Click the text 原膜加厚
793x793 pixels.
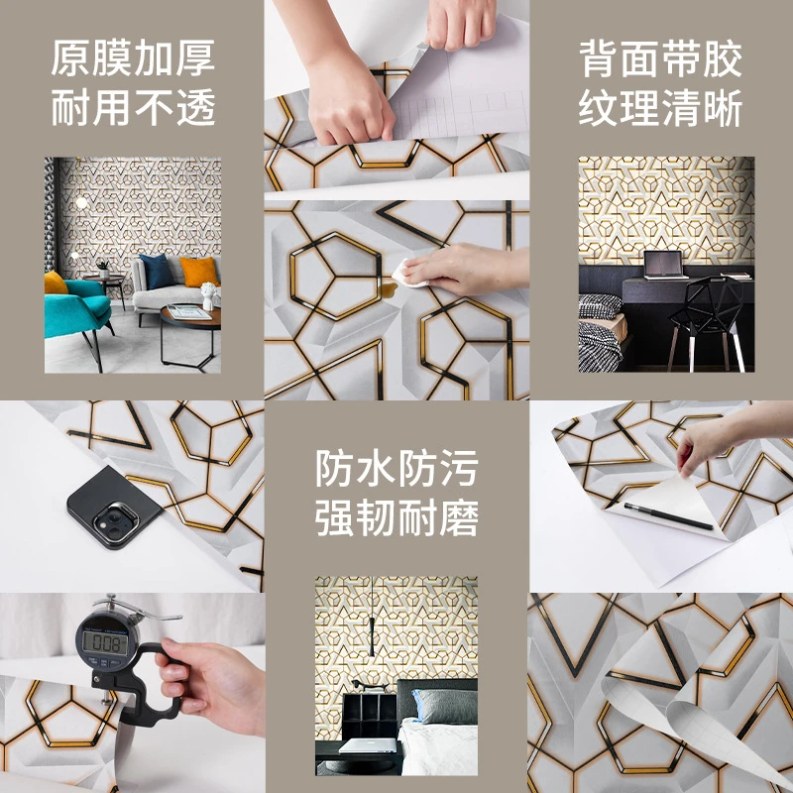133,59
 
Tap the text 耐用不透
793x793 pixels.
133,108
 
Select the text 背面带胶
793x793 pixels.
660,59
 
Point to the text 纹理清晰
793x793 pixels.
660,108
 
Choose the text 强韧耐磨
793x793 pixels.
396,517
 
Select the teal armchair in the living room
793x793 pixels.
75,300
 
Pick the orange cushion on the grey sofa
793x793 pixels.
198,272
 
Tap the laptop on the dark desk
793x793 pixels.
663,265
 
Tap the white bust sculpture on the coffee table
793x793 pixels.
208,294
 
